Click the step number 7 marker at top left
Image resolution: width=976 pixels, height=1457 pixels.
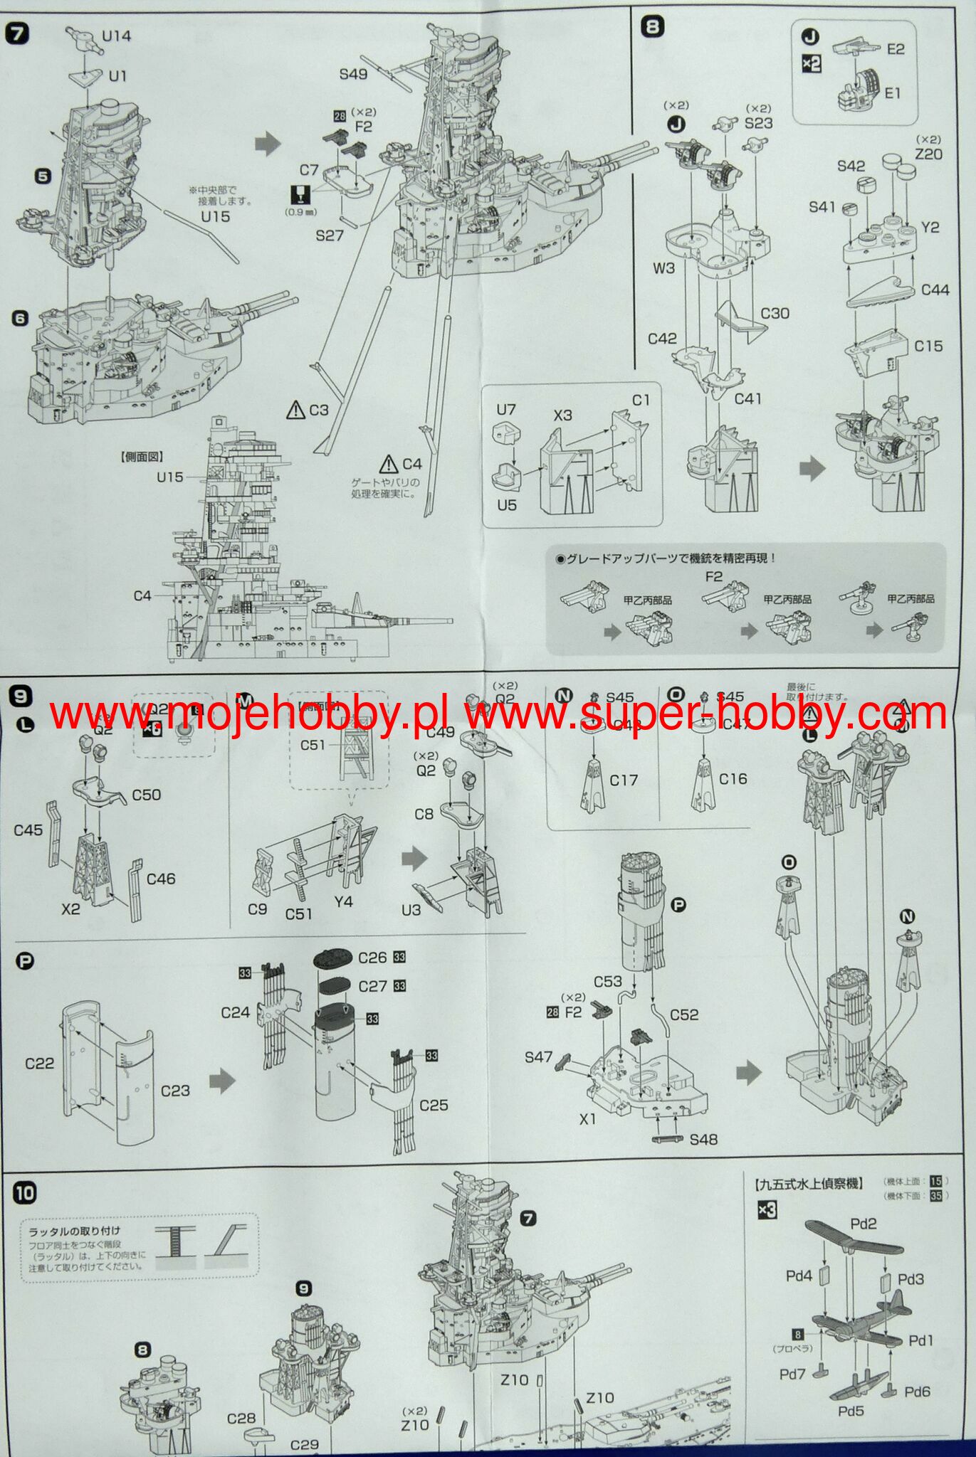coord(17,33)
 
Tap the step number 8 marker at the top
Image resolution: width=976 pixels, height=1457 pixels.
coord(652,27)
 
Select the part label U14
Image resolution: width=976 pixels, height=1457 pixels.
coord(116,35)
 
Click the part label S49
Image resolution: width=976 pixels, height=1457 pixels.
coord(353,74)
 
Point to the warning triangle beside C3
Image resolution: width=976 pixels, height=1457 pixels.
coord(295,409)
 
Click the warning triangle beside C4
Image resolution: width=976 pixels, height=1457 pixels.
coord(389,464)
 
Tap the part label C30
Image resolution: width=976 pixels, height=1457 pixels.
coord(775,313)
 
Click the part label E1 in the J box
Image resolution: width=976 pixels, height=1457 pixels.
coord(893,92)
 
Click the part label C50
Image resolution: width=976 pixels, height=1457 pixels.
coord(146,795)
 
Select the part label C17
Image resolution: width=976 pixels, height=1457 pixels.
coord(624,780)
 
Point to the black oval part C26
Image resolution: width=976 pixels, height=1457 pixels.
coord(333,958)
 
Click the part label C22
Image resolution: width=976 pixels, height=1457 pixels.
coord(39,1063)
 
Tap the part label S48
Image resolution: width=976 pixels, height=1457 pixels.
coord(703,1139)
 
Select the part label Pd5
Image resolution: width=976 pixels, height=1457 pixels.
coord(851,1410)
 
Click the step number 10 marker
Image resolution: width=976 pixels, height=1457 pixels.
coord(24,1193)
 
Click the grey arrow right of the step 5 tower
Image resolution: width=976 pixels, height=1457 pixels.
coord(268,144)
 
